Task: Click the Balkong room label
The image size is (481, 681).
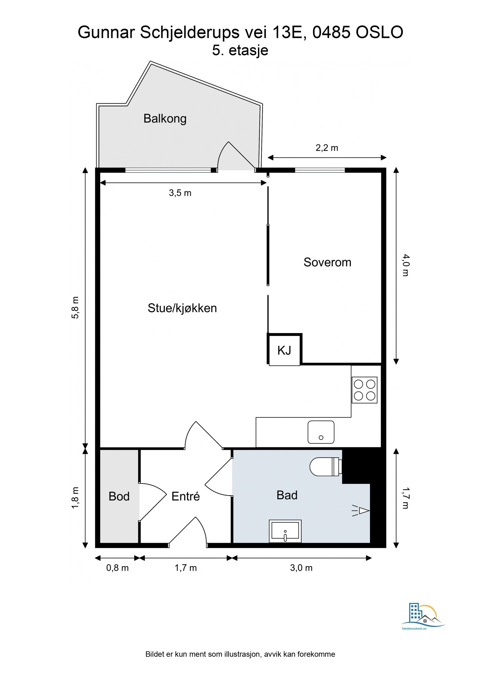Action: click(165, 119)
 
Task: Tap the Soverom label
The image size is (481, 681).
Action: click(327, 262)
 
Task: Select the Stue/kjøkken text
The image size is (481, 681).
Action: click(182, 308)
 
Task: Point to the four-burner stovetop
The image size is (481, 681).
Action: click(364, 390)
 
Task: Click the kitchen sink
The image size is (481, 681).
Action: click(321, 432)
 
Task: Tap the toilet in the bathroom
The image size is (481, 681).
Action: click(326, 467)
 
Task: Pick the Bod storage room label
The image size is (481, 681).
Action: click(119, 497)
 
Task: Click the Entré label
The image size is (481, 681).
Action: click(185, 496)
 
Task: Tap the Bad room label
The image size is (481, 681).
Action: click(287, 495)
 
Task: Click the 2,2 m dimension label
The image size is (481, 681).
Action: click(327, 148)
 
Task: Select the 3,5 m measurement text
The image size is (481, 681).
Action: click(180, 193)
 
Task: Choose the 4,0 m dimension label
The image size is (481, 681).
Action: click(406, 265)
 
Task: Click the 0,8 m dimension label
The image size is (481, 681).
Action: click(117, 568)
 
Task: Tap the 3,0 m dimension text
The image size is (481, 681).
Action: click(301, 568)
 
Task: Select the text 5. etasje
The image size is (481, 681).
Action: click(240, 50)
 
